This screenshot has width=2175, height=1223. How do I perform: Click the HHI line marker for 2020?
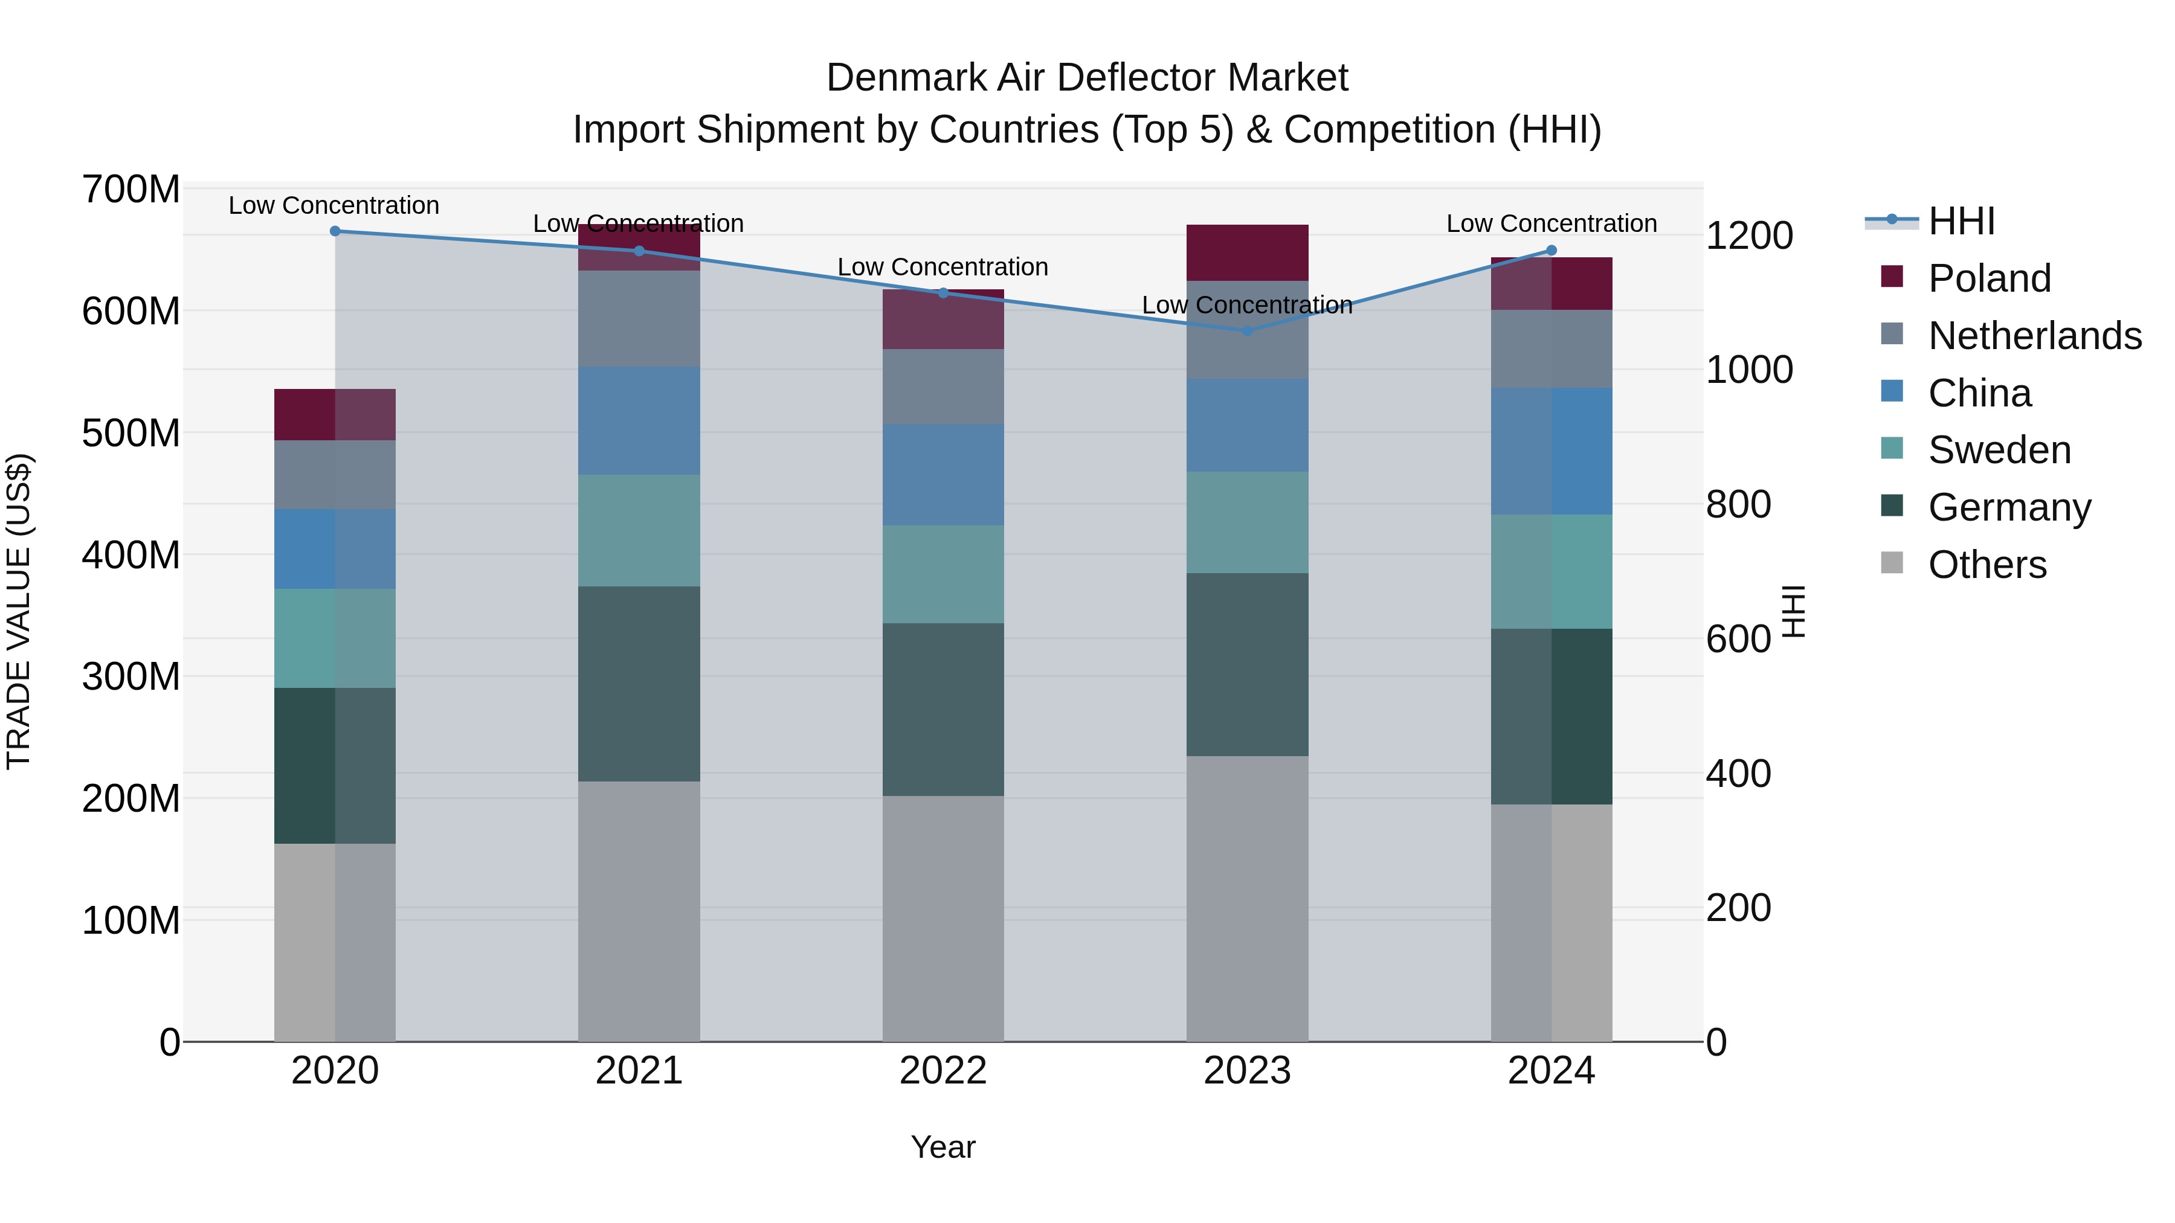click(x=335, y=231)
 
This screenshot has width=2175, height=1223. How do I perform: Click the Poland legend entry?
click(x=1990, y=278)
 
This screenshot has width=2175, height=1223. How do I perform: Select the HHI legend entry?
click(x=1961, y=221)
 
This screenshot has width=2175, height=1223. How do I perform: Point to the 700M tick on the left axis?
click(x=131, y=189)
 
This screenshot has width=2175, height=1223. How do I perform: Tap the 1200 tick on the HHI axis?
click(x=1748, y=236)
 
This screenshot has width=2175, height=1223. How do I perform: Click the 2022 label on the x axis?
click(x=943, y=1071)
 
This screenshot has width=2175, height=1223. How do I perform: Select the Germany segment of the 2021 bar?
click(x=639, y=684)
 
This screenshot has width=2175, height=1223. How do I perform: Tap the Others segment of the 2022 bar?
click(x=943, y=918)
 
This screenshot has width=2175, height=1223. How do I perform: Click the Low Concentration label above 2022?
click(x=942, y=267)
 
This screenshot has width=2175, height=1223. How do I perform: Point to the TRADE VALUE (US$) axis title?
click(x=19, y=611)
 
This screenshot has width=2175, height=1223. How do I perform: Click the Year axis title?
click(x=942, y=1147)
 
